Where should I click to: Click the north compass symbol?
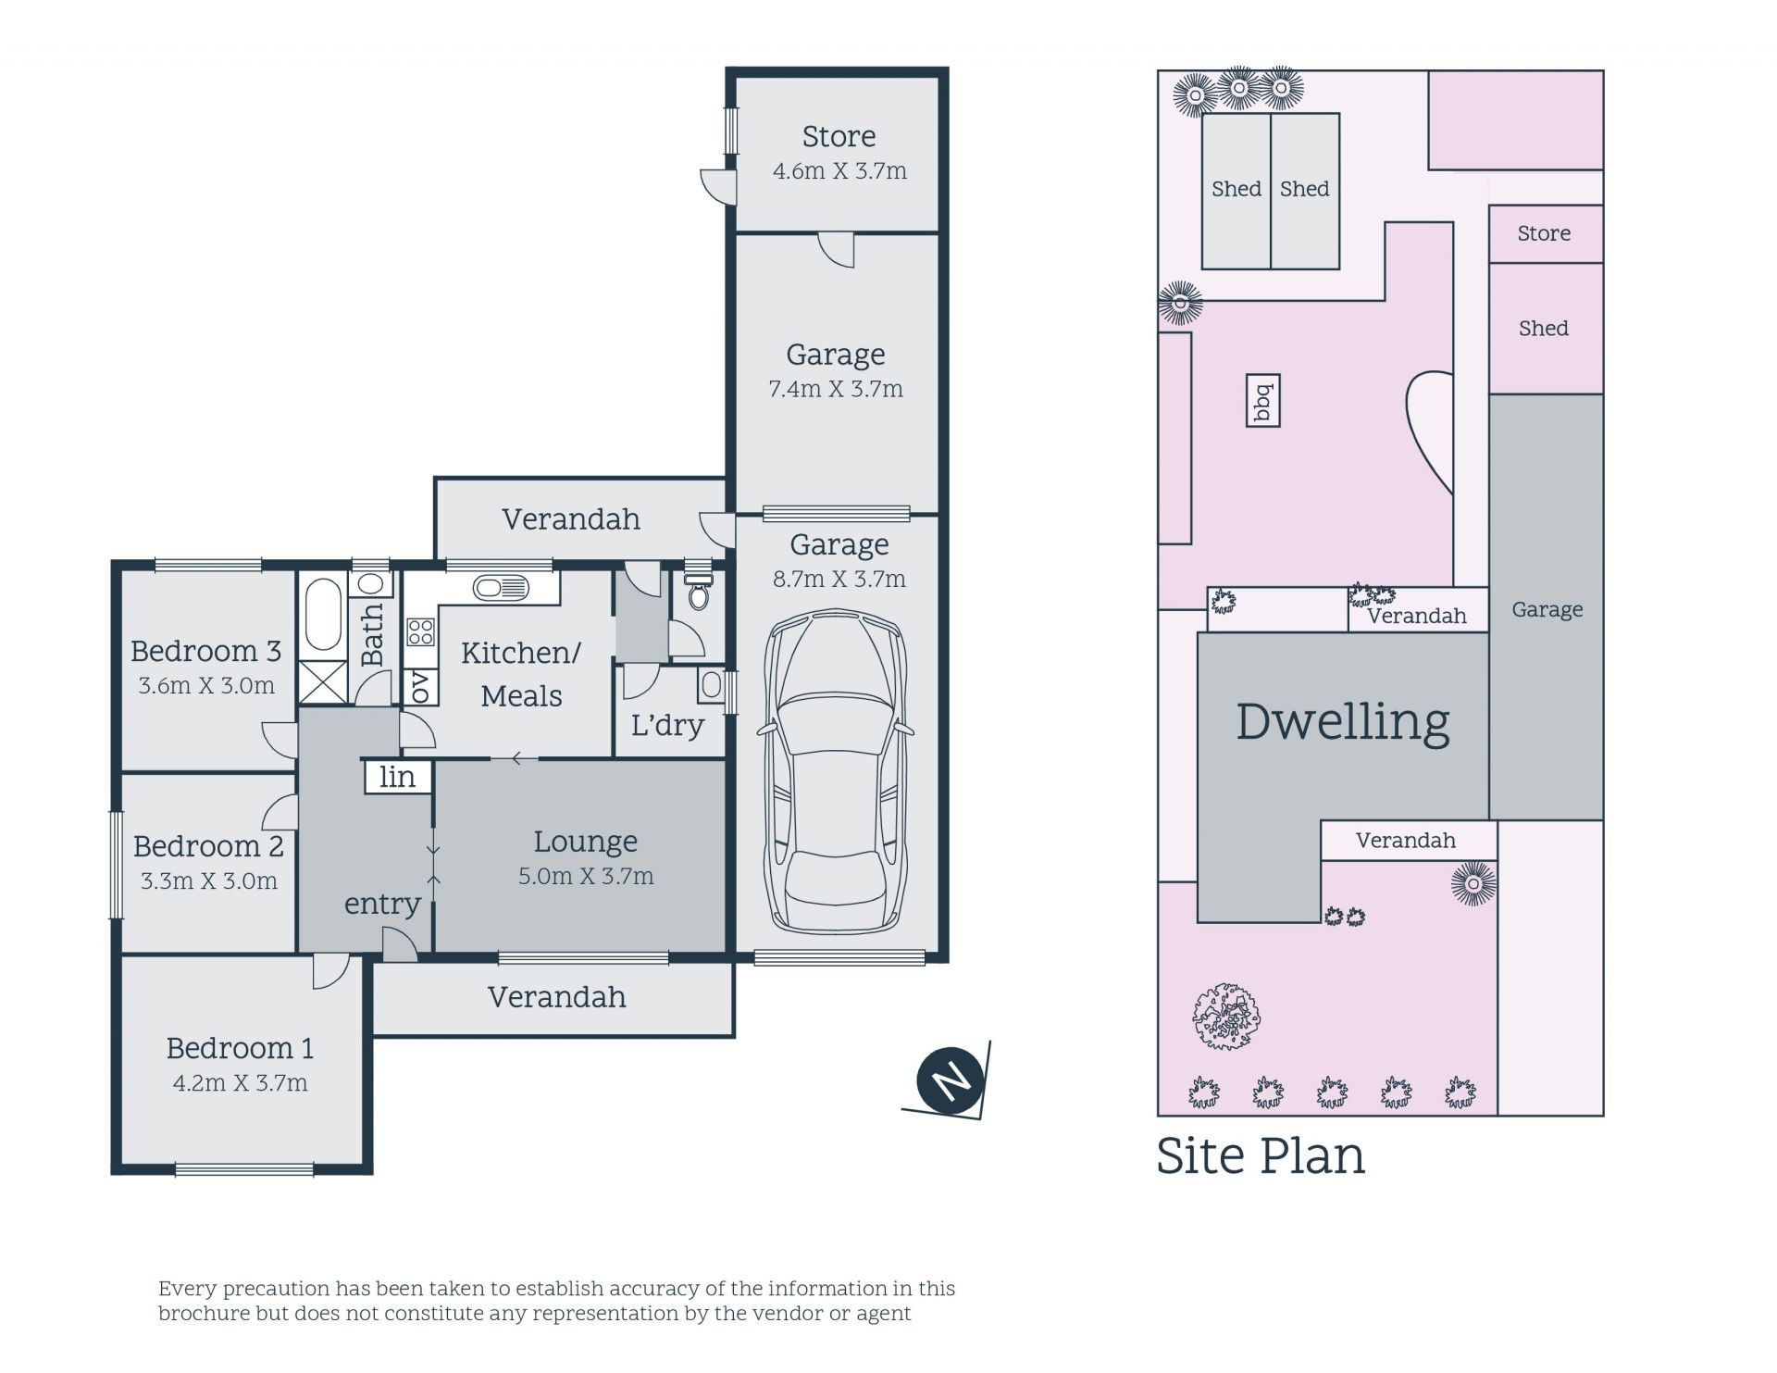coord(950,1080)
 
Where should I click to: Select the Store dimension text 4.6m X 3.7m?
coord(839,171)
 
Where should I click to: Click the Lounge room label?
coord(585,842)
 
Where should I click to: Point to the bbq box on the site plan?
coord(1263,401)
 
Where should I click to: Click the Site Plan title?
coord(1261,1155)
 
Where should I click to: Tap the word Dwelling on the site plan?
coord(1343,722)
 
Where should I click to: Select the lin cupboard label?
coord(397,777)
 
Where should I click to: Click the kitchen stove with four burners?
coord(420,632)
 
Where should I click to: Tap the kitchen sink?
coord(501,588)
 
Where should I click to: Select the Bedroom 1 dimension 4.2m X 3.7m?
coord(240,1083)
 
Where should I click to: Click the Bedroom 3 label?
coord(205,651)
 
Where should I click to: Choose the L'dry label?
coord(667,725)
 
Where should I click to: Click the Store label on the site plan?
coord(1544,233)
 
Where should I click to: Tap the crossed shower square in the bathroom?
coord(323,683)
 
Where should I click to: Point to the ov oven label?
coord(419,686)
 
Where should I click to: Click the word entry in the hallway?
coord(382,905)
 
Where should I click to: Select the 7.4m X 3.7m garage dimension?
coord(836,390)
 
